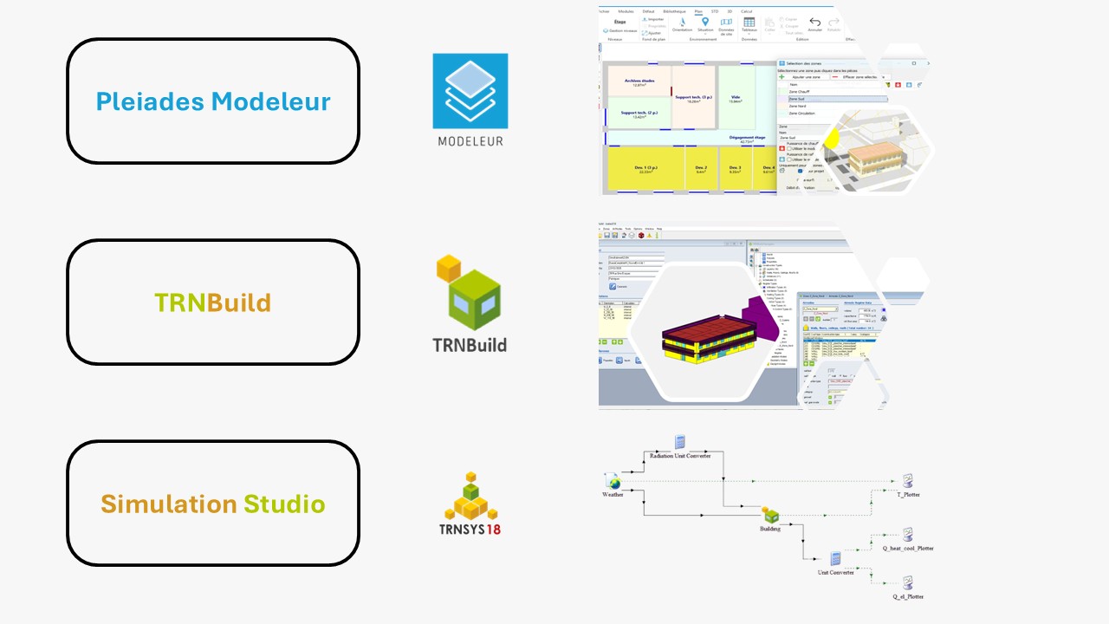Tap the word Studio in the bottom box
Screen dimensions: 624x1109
click(284, 504)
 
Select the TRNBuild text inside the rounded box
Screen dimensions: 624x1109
click(212, 302)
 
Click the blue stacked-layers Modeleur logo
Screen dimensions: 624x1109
click(470, 90)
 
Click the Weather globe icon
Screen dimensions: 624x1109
click(613, 482)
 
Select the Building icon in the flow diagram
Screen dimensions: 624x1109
click(770, 516)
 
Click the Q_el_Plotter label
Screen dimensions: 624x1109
click(908, 596)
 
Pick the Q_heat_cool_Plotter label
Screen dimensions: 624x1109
click(907, 548)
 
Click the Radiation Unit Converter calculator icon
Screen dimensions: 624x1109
click(680, 442)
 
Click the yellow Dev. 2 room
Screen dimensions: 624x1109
click(701, 171)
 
